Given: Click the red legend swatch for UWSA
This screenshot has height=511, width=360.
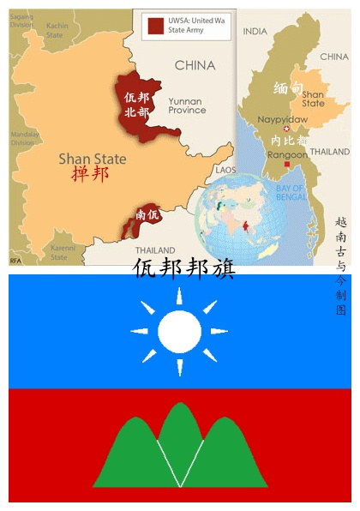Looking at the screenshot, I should coord(155,25).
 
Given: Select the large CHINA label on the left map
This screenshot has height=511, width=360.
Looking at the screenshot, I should coord(195,65).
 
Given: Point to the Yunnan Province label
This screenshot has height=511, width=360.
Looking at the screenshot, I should coord(186,105).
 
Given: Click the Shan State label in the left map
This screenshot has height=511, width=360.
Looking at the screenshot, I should coord(92,159).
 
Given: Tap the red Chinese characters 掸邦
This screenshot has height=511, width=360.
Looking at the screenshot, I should coord(90,175).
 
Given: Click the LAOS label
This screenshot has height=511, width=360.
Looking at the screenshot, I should coord(225,170).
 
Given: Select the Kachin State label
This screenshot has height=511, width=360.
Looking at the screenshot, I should coord(57,30).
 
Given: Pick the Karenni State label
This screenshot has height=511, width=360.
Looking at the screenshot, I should coord(63,252).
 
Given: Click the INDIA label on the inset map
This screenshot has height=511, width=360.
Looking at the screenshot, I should coord(255,31).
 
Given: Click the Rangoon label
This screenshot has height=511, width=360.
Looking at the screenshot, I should coord(288,155).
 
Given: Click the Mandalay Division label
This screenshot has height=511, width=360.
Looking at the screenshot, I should coord(24,139).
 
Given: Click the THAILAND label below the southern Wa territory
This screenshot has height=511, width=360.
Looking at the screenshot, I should coord(154,250).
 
